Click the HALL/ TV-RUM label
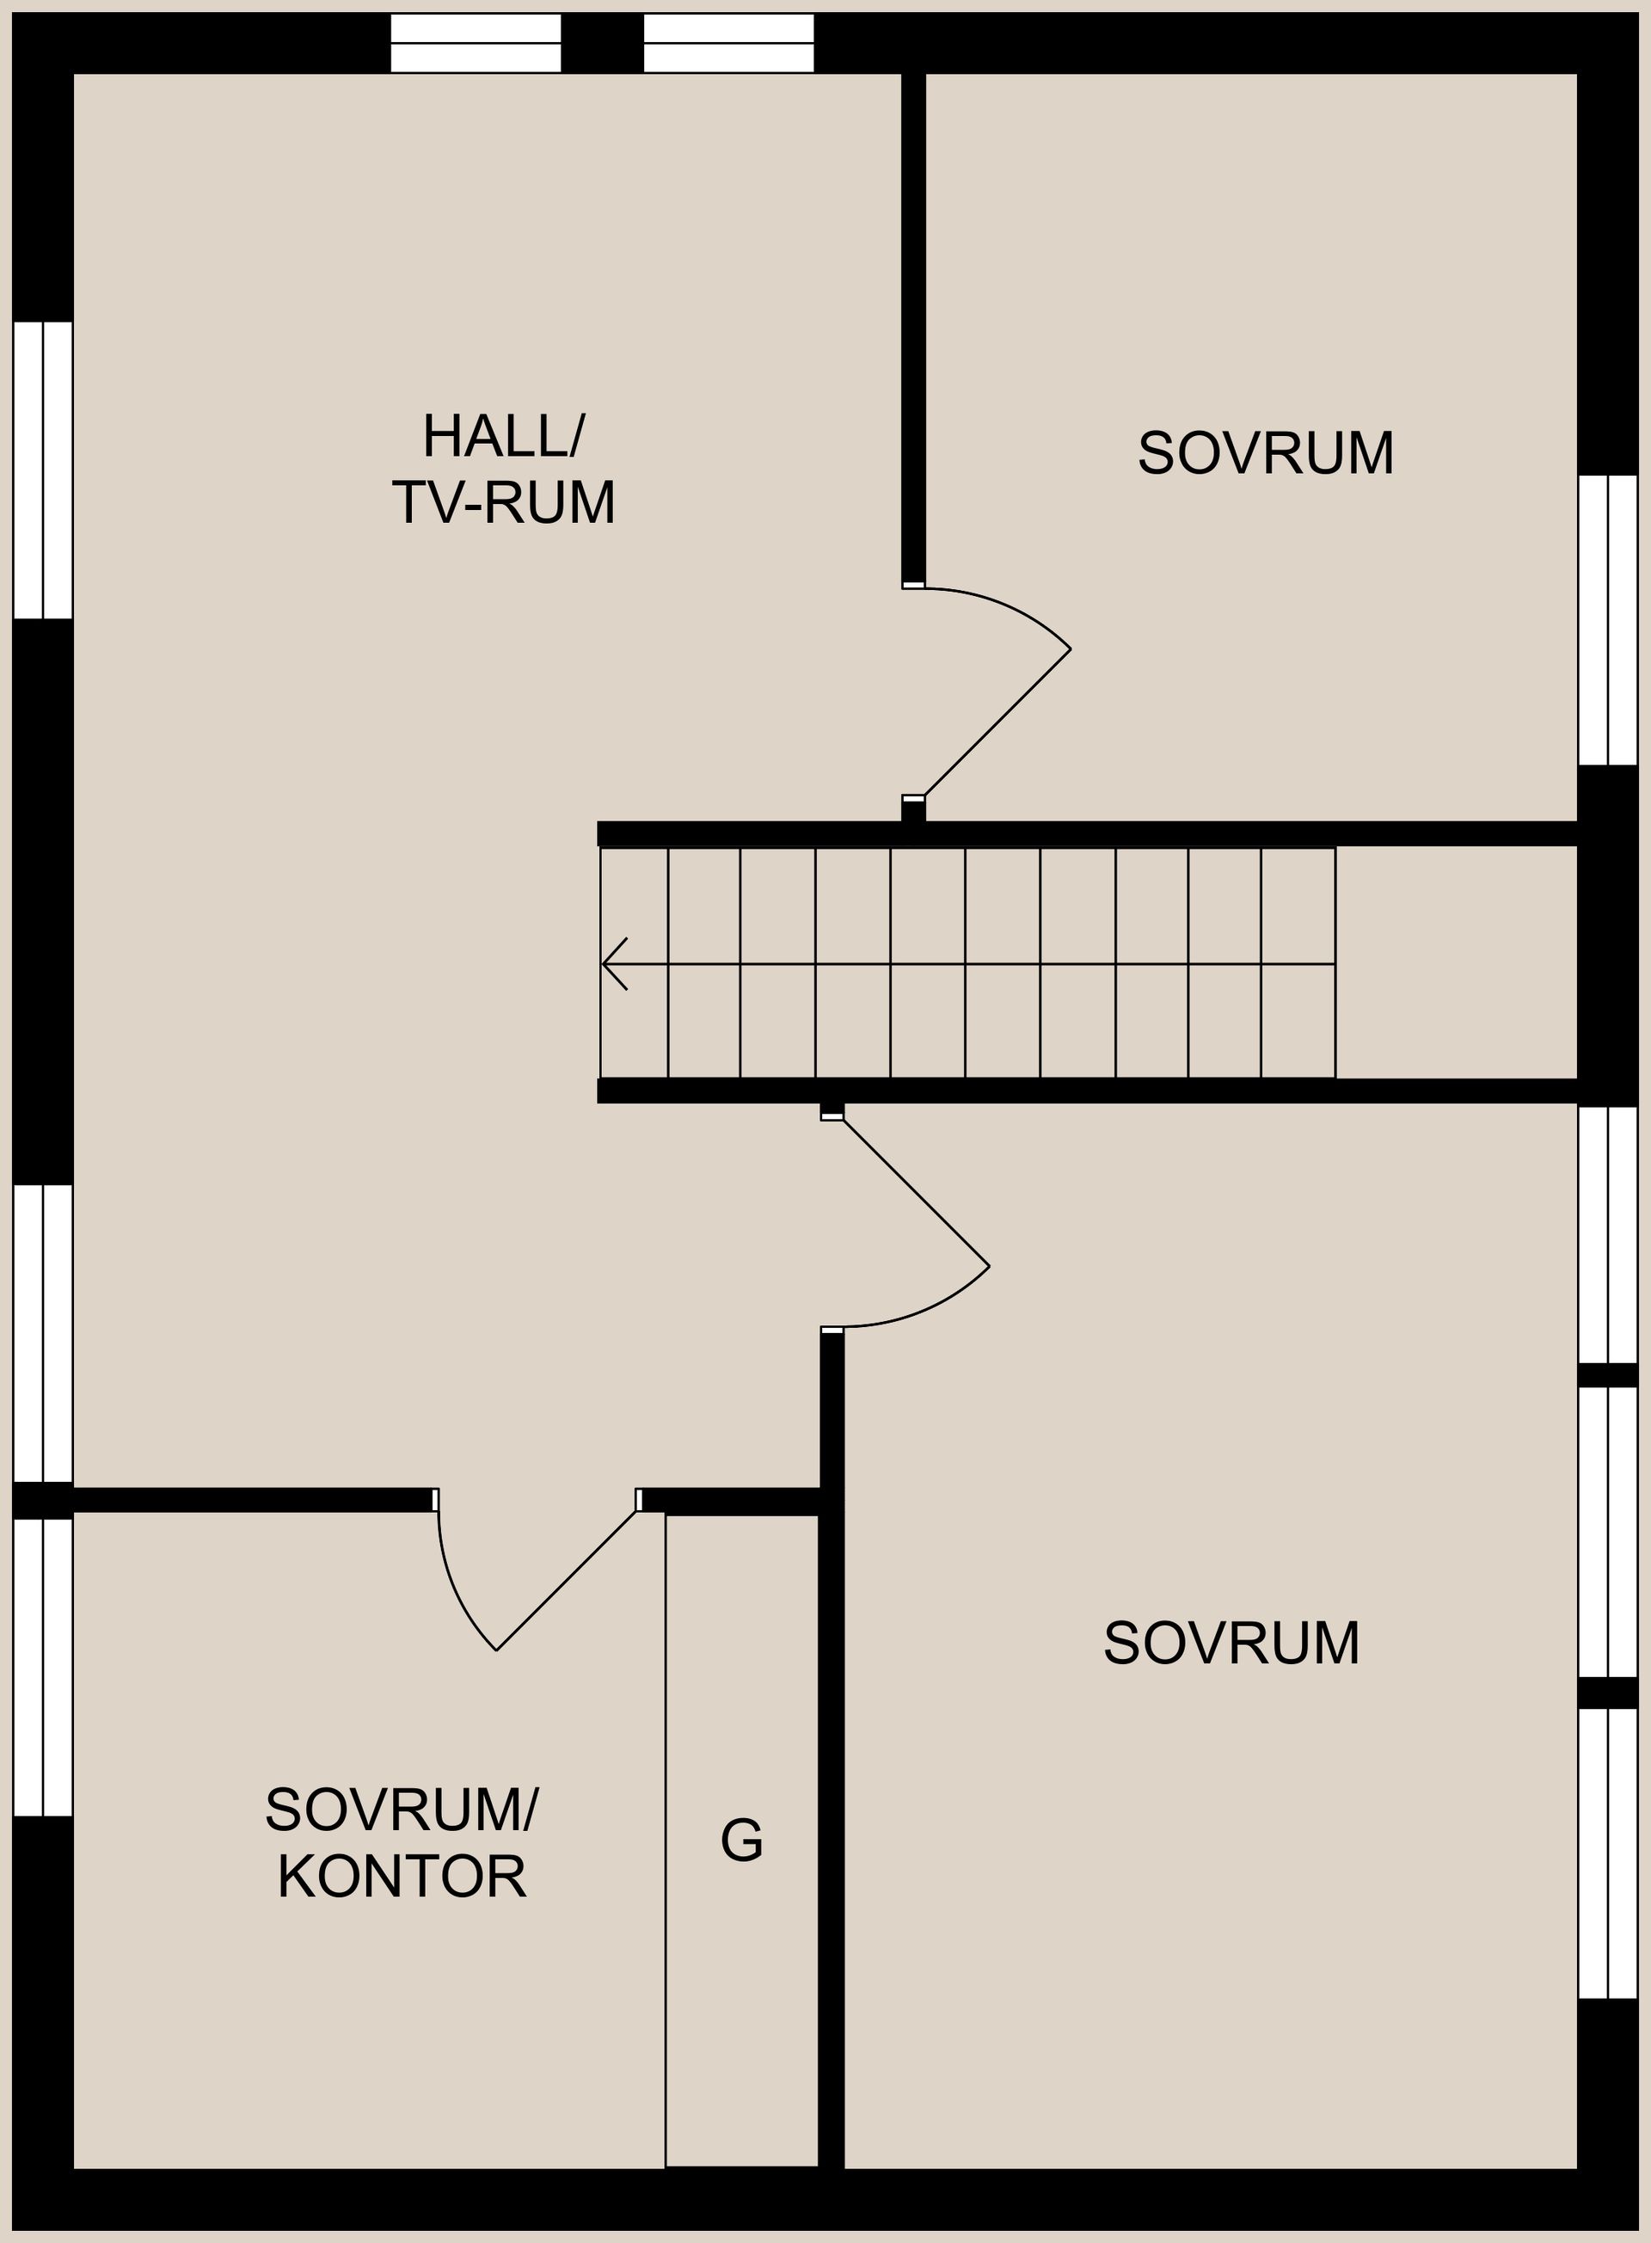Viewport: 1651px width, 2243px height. [503, 469]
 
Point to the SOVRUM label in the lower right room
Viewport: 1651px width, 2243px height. [1231, 1643]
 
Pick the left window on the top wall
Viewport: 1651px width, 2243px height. [475, 43]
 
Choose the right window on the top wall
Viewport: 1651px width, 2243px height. [728, 43]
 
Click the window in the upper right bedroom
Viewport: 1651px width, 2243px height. [1608, 620]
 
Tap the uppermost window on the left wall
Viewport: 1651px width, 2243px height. [43, 469]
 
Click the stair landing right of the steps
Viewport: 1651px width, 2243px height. [1455, 962]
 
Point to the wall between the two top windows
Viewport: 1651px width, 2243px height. [602, 43]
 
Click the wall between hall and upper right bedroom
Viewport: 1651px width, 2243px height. [913, 330]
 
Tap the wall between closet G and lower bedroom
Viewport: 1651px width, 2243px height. [832, 1749]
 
